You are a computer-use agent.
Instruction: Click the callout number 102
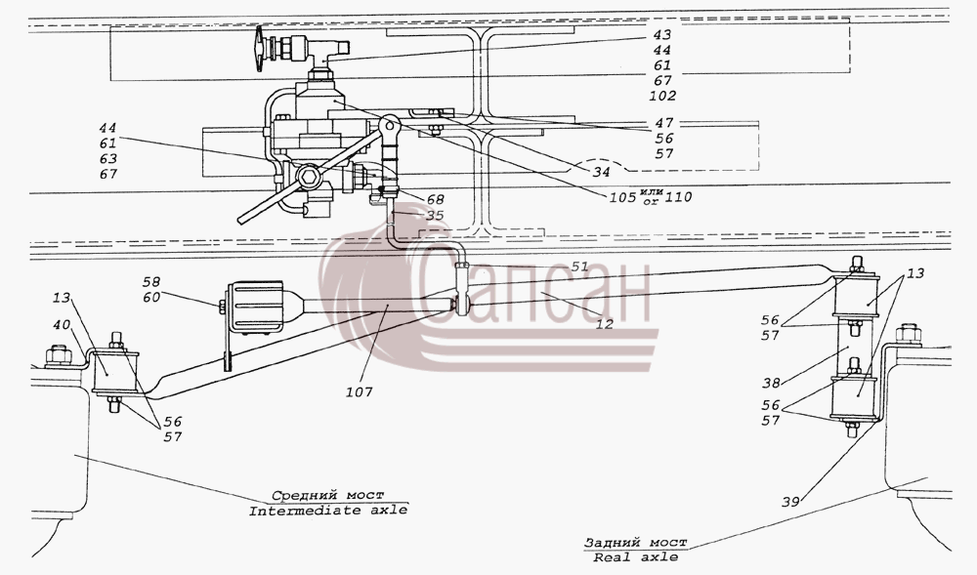tap(661, 96)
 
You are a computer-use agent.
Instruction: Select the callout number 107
tap(360, 392)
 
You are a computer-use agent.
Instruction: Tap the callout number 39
tap(790, 502)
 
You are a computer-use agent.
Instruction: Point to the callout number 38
tap(772, 383)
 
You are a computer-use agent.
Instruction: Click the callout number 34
tap(601, 172)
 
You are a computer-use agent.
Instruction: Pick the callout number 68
tap(435, 200)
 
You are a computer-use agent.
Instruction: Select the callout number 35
tap(435, 216)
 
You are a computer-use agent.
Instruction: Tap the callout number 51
tap(579, 267)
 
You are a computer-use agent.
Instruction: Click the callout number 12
tap(604, 324)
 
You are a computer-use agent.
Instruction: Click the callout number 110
tap(678, 197)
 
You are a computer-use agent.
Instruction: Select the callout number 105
tap(622, 197)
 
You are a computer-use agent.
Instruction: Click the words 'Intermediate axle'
tap(328, 511)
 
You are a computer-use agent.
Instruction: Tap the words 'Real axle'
tap(636, 557)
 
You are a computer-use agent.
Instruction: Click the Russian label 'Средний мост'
tap(327, 495)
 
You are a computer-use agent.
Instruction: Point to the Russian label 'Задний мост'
tap(635, 543)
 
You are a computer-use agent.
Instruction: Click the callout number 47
tap(664, 123)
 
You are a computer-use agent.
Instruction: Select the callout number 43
tap(662, 35)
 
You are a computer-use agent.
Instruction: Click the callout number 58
tap(151, 282)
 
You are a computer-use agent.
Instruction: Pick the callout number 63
tap(107, 159)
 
